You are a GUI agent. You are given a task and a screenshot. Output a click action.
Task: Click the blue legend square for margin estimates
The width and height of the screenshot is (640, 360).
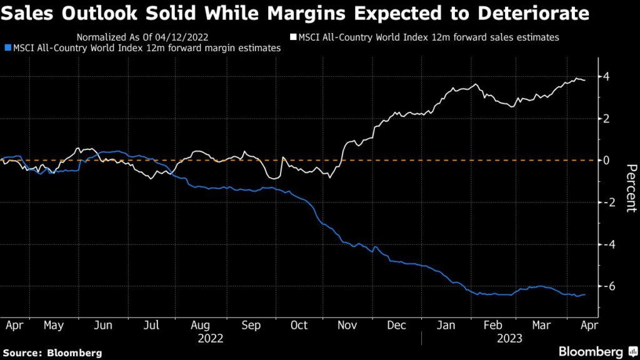[x=7, y=47]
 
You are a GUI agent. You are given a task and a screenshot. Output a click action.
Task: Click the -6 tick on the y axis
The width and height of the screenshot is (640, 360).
[x=604, y=286]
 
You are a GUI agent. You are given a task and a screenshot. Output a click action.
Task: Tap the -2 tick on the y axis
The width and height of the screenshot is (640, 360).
[x=604, y=202]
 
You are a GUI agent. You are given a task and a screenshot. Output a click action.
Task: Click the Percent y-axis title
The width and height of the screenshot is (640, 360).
[x=631, y=187]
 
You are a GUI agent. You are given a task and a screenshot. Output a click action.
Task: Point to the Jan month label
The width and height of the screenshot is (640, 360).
[x=446, y=325]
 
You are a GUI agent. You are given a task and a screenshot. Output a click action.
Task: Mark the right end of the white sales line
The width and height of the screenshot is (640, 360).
[x=585, y=80]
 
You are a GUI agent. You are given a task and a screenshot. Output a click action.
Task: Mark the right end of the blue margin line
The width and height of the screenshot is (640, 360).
[x=585, y=294]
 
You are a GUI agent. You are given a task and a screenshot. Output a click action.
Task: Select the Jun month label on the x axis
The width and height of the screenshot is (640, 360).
[x=102, y=325]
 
